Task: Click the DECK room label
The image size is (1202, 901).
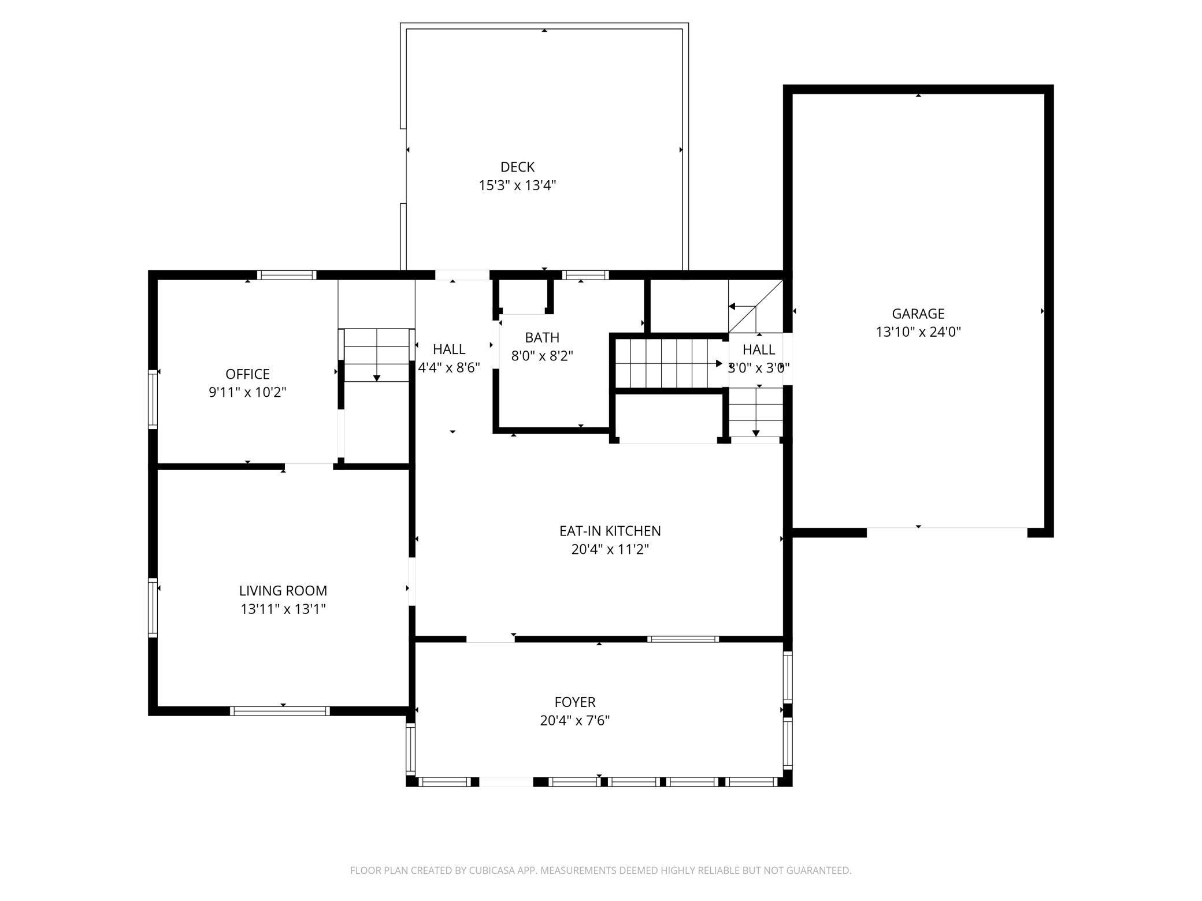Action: [517, 167]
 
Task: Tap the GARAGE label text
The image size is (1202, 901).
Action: [918, 314]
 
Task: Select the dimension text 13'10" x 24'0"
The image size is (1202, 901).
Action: [918, 332]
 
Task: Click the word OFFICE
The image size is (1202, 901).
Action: [247, 374]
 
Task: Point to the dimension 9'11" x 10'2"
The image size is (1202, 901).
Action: [247, 392]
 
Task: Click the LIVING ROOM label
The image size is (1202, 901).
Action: [283, 590]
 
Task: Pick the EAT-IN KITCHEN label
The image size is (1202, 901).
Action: [610, 531]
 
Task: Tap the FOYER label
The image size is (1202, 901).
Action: [575, 702]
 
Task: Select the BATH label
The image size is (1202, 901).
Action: [542, 337]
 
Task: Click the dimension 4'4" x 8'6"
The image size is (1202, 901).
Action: [449, 368]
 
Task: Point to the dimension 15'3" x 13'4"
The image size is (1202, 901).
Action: [517, 185]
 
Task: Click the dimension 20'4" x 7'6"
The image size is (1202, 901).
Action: [575, 720]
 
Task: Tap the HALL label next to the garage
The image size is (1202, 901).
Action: [759, 349]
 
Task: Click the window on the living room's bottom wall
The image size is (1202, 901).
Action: [280, 711]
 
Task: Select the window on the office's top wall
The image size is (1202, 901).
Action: [287, 275]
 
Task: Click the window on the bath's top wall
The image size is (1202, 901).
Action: [585, 275]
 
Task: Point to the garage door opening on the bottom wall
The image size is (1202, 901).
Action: [947, 528]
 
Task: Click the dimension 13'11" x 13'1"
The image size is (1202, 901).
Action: [283, 609]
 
